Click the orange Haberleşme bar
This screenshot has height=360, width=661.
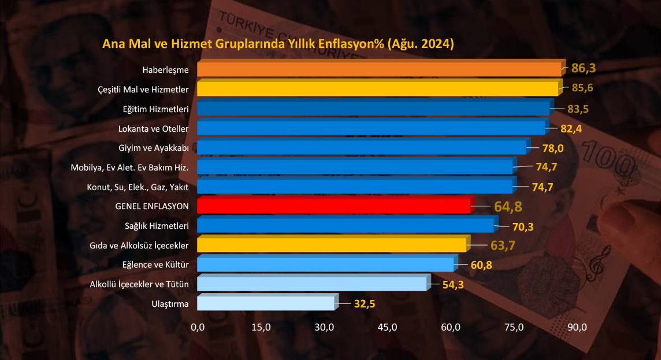(378, 70)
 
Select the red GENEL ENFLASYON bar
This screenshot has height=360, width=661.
(333, 206)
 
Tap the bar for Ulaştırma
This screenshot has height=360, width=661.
(265, 303)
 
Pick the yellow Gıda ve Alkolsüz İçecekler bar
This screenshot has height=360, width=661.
(331, 246)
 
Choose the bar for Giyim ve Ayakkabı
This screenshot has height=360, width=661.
(362, 148)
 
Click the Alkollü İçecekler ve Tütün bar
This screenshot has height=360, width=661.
(312, 284)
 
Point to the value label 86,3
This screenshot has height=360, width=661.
(583, 68)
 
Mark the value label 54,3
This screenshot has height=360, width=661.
(452, 284)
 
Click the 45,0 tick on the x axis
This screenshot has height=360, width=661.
(387, 328)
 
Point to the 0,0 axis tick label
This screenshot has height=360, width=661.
(198, 328)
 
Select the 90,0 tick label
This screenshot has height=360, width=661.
(577, 328)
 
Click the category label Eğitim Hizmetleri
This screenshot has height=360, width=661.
(156, 109)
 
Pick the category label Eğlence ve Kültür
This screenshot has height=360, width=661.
(156, 265)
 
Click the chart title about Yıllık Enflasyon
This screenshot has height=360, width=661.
(278, 44)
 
